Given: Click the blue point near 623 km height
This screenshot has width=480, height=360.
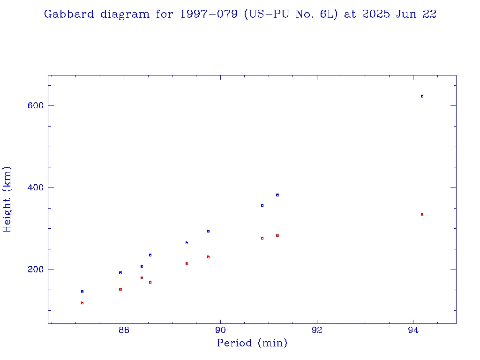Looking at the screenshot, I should click(x=422, y=96).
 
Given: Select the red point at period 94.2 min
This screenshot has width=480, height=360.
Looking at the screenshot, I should click(x=422, y=214).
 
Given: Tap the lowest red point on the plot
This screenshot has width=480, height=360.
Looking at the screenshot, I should click(x=82, y=303).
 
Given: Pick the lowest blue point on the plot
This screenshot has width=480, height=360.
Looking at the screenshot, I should click(x=82, y=292).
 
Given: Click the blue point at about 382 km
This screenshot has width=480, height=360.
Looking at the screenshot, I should click(x=277, y=195).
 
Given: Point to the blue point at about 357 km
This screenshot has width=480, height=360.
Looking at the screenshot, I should click(x=262, y=205).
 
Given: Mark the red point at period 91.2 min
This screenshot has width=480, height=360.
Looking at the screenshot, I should click(x=277, y=235).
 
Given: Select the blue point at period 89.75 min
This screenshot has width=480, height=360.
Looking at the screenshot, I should click(x=208, y=231).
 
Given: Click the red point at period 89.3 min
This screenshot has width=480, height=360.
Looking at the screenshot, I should click(x=187, y=263).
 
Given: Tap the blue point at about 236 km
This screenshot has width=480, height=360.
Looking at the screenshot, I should click(x=150, y=255).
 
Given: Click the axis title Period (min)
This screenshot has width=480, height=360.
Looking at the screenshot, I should click(x=252, y=344).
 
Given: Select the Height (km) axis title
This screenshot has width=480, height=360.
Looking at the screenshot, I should click(x=7, y=199).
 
